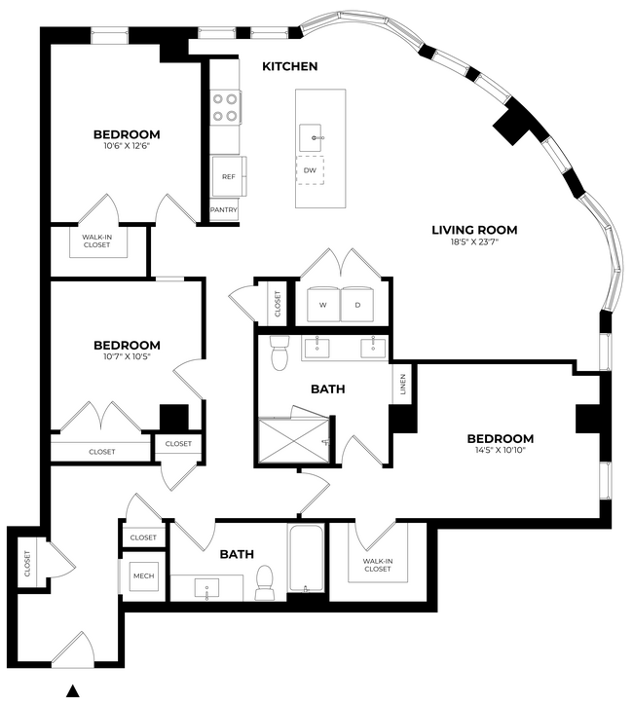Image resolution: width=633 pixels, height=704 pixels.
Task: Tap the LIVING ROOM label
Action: (x=474, y=231)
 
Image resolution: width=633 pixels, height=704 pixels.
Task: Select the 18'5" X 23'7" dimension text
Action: (x=474, y=244)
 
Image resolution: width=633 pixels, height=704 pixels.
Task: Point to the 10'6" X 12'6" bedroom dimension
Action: (x=127, y=147)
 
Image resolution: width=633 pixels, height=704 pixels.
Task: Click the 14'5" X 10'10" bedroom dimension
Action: (x=500, y=452)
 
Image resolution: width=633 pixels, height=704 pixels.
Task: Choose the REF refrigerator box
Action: (x=228, y=177)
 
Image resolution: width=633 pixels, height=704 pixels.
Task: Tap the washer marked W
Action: (x=322, y=305)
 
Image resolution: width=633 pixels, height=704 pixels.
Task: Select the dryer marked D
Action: (x=357, y=305)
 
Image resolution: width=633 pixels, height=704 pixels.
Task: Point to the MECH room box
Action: (x=144, y=574)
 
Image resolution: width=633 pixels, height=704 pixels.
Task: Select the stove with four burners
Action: (x=226, y=107)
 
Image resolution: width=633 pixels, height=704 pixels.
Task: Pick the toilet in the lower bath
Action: (x=263, y=582)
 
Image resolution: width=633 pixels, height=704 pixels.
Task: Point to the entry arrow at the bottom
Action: (x=71, y=691)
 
